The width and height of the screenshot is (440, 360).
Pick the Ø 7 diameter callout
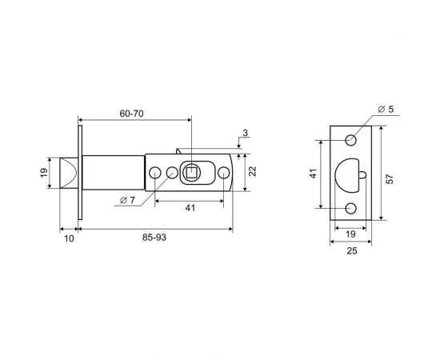125,198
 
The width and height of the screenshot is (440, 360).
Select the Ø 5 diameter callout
386,110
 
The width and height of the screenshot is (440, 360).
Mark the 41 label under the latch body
189,207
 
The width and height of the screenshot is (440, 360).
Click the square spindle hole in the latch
192,172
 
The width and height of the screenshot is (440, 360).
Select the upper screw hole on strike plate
350,141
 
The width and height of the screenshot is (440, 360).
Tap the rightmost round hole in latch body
223,172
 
